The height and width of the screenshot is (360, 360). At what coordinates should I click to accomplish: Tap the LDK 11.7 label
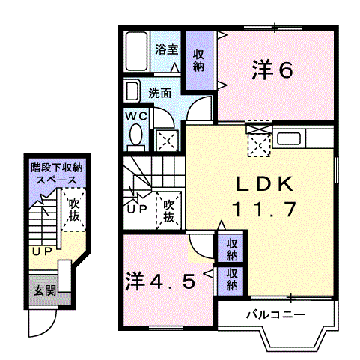tap(260, 197)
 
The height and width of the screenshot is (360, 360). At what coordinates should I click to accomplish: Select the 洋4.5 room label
tap(160, 281)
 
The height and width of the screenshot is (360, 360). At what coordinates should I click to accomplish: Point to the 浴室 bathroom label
tap(166, 50)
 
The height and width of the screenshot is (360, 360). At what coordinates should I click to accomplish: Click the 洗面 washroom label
tap(159, 94)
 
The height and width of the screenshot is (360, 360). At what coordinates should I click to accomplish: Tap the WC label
tap(136, 116)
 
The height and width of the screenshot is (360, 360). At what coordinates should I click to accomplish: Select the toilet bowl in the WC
tap(136, 136)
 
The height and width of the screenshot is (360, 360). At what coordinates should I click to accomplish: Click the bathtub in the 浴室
tap(137, 52)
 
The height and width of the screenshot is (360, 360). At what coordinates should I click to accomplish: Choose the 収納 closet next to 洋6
tap(199, 59)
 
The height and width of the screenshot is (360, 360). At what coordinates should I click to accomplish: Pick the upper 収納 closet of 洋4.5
tap(233, 248)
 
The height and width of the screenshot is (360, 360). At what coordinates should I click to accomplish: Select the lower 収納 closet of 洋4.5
tap(233, 278)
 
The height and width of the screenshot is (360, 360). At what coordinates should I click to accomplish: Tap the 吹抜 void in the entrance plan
tap(73, 210)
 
